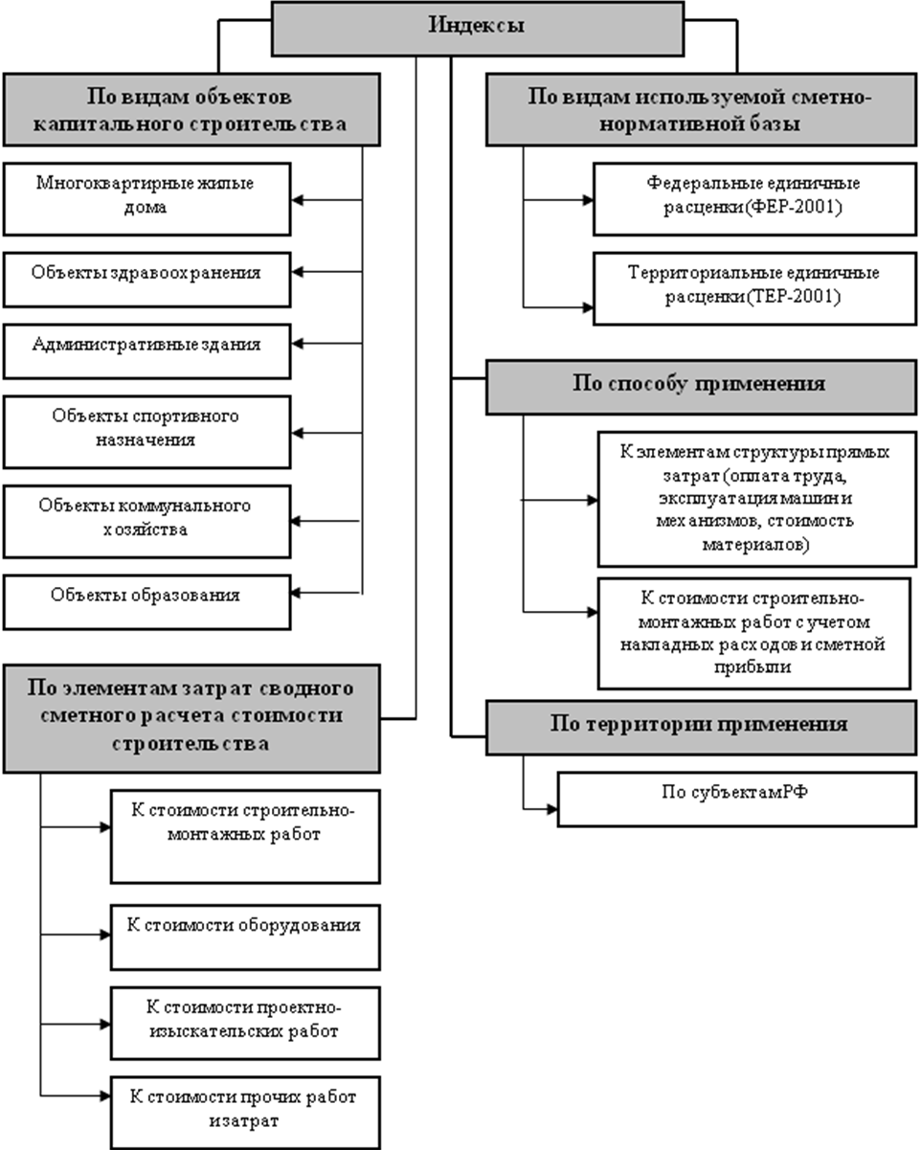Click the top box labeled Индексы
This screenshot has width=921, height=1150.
click(478, 29)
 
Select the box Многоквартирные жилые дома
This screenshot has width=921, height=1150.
click(146, 199)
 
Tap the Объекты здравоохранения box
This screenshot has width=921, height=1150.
click(146, 280)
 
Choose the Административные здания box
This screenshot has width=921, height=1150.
click(146, 351)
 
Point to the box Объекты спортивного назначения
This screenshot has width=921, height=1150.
click(146, 432)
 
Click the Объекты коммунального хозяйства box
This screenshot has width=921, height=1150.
click(146, 522)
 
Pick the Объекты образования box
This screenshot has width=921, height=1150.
click(146, 602)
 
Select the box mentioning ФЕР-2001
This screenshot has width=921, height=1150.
click(754, 199)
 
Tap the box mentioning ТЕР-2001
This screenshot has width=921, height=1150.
click(754, 288)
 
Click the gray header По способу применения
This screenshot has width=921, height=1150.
click(701, 388)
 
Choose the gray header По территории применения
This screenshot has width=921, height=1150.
click(701, 728)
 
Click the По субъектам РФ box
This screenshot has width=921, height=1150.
click(737, 800)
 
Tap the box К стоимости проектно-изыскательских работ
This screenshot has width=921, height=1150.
click(245, 1024)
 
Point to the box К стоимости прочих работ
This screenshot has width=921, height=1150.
click(245, 1113)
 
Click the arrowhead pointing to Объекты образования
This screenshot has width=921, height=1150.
click(296, 593)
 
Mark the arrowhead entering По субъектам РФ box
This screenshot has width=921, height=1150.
click(552, 809)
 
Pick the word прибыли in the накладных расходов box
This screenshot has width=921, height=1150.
click(753, 666)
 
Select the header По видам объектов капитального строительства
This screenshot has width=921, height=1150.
click(191, 109)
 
